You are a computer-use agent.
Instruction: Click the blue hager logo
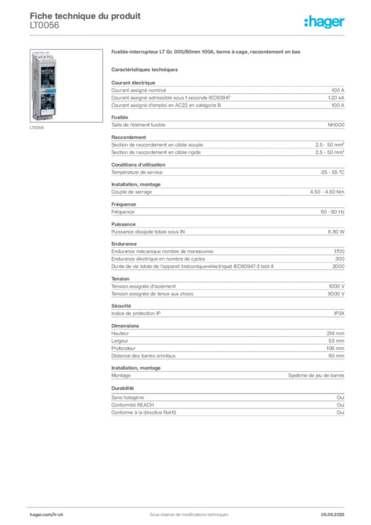325,22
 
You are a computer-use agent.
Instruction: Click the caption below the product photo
36,129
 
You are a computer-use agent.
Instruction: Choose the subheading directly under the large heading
145,68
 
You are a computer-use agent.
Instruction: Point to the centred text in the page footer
186,512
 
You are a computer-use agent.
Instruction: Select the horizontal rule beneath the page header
189,35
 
